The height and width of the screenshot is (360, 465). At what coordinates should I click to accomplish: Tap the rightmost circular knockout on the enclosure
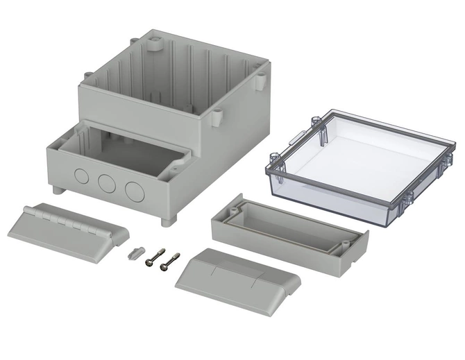point(133,189)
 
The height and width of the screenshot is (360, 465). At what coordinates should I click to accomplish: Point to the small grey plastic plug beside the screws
point(135,252)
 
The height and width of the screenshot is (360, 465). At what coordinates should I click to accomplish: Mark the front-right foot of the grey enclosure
point(166,221)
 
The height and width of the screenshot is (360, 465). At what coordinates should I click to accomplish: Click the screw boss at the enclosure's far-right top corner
point(262,80)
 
